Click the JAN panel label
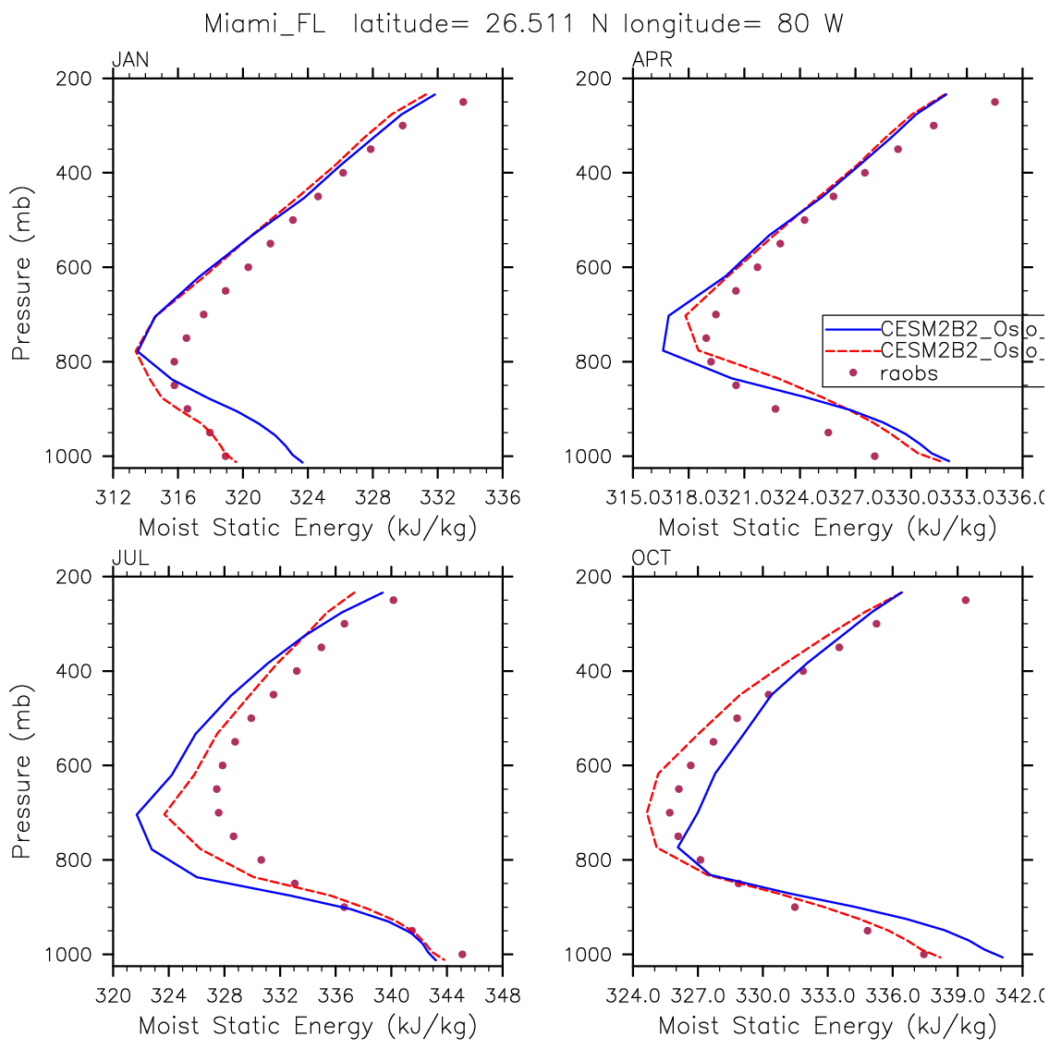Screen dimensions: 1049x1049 click(x=130, y=61)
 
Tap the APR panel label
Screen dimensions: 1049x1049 click(x=652, y=61)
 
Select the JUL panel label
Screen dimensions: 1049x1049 click(x=130, y=558)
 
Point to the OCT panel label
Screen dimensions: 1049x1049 click(x=652, y=558)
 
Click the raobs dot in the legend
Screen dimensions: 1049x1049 click(x=852, y=373)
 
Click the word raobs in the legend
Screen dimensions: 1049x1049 click(x=909, y=373)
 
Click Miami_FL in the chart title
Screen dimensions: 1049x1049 click(x=264, y=24)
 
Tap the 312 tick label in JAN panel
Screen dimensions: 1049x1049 click(x=113, y=498)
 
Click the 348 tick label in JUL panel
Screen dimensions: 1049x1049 click(x=503, y=996)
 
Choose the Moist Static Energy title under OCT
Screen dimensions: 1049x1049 click(x=827, y=1026)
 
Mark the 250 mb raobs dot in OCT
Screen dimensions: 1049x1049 click(x=965, y=600)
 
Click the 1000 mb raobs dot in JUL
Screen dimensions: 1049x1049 click(x=462, y=955)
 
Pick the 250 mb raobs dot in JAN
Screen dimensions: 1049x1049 click(x=463, y=102)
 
